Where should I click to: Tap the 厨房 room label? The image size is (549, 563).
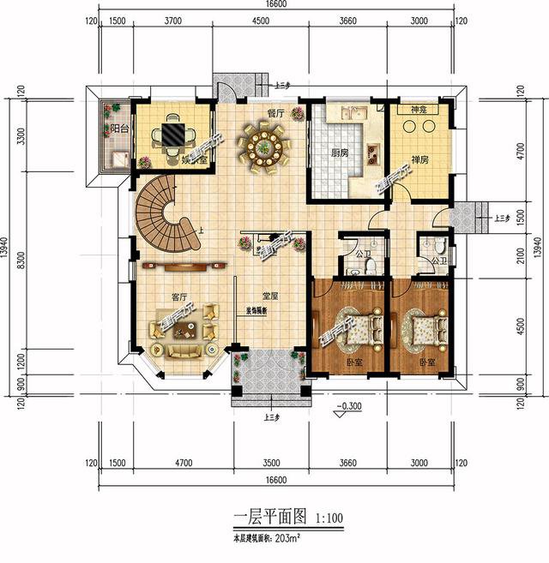point(340,155)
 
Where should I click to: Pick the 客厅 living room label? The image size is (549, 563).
point(178,297)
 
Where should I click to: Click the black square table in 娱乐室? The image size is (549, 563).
point(168,135)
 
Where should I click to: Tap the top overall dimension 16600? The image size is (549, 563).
point(275,5)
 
